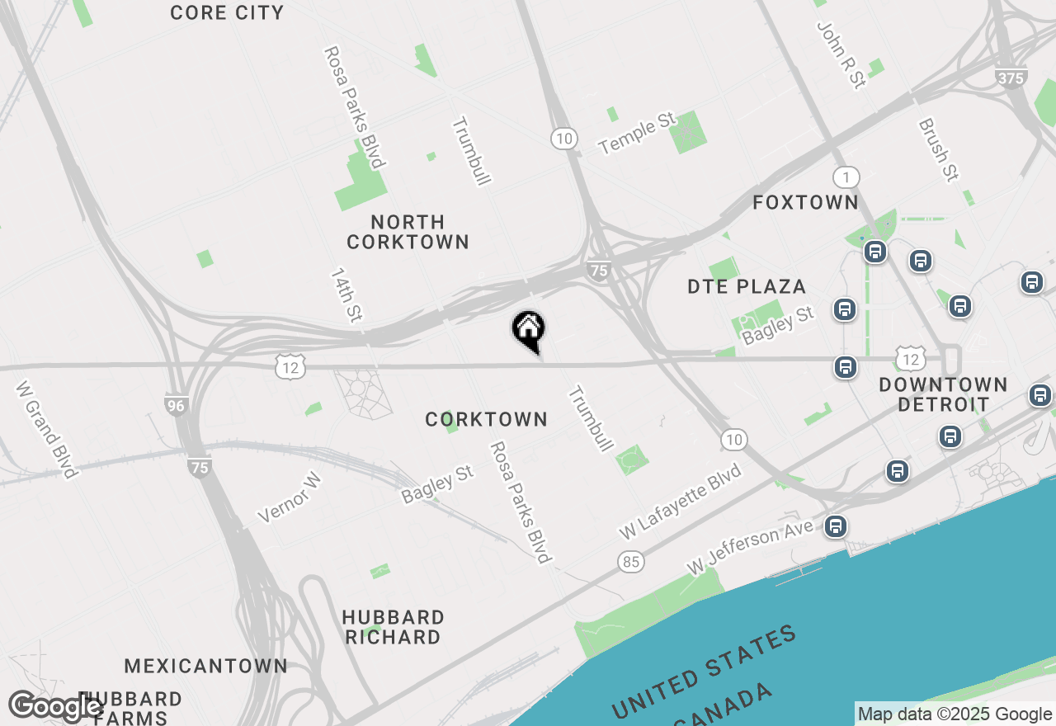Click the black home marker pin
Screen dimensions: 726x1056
528,330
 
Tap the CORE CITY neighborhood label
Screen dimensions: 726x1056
227,12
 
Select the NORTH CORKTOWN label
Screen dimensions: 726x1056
408,232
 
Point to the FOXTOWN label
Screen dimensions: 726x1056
805,202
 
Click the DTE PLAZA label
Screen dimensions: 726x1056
747,286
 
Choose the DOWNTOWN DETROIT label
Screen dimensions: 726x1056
943,394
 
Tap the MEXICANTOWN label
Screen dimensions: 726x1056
205,666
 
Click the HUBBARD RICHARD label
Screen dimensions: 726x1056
393,627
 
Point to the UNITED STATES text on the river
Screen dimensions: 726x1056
704,672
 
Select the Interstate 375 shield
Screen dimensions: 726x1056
1011,77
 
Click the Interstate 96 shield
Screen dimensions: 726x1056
176,405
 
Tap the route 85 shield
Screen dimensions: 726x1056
631,562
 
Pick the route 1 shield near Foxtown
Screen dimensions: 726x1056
846,177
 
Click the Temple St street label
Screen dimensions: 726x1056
638,134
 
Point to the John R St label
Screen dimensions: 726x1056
841,54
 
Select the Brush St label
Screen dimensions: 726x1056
939,149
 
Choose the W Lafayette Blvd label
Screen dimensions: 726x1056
681,502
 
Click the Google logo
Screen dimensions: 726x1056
55,707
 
